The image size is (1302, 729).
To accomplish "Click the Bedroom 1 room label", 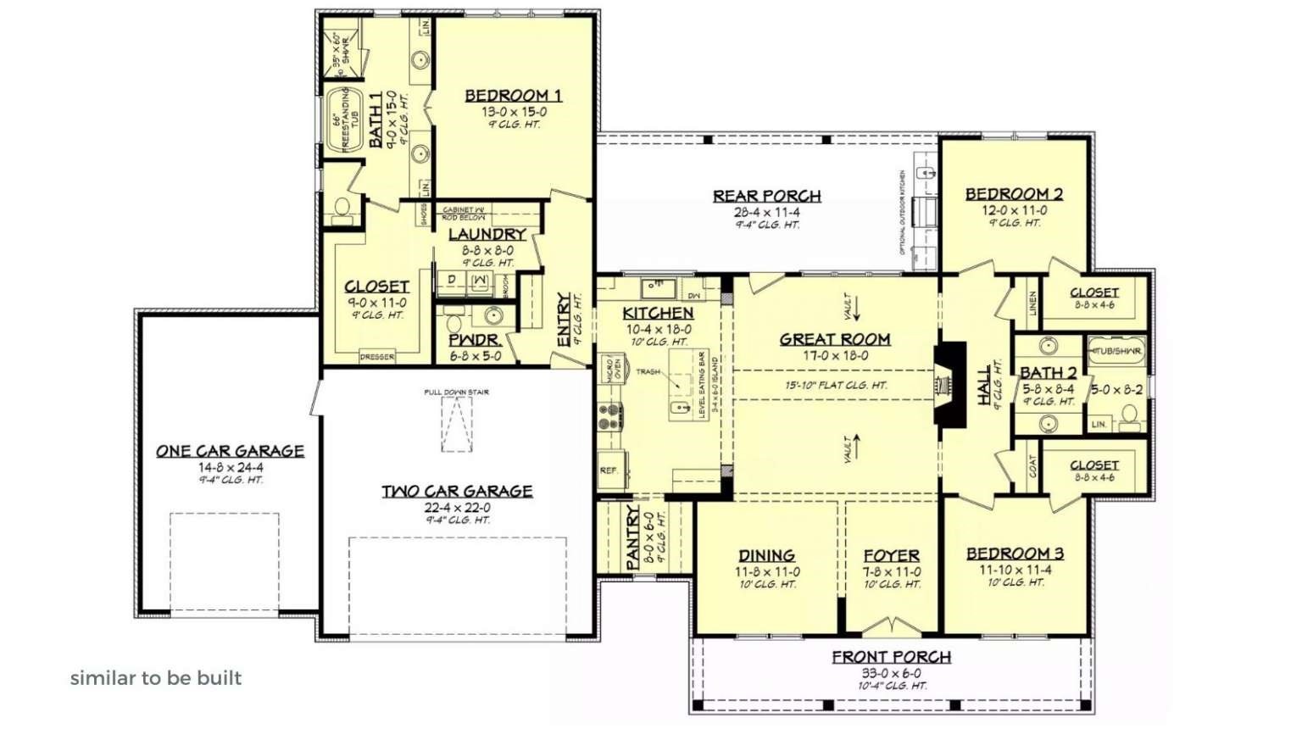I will [x=513, y=96].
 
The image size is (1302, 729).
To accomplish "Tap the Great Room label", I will [x=835, y=339].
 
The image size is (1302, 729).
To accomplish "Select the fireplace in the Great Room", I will [x=949, y=383].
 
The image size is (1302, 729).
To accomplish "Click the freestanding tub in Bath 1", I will [x=344, y=120].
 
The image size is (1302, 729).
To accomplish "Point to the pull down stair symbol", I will [x=456, y=424].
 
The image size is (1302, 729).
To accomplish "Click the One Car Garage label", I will [x=230, y=451].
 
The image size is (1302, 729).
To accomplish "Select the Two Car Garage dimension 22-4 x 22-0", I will [x=457, y=507].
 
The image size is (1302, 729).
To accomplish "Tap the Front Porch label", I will [x=891, y=657].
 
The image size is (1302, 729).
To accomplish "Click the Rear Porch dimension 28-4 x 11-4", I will [x=766, y=212].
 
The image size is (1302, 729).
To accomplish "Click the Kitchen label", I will [x=658, y=313].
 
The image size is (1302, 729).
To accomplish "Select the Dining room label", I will [x=766, y=555].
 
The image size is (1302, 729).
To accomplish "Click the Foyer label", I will [x=891, y=555].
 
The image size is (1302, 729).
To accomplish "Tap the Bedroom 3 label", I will [x=1015, y=554].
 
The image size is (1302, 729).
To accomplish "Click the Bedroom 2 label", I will [x=1014, y=194].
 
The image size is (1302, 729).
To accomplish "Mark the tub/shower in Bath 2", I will [x=1116, y=351].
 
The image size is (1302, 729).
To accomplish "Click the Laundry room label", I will [x=487, y=234].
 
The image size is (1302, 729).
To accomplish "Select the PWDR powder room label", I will [x=474, y=341].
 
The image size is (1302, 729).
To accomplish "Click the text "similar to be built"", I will [x=156, y=678].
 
